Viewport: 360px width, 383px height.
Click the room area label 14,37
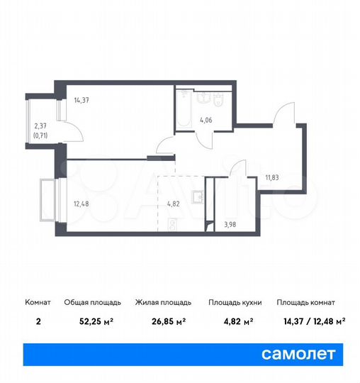click(x=81, y=100)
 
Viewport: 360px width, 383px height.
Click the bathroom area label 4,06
click(x=206, y=120)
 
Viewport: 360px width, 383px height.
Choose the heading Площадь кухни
click(x=235, y=302)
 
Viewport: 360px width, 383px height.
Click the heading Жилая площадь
click(x=164, y=302)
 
